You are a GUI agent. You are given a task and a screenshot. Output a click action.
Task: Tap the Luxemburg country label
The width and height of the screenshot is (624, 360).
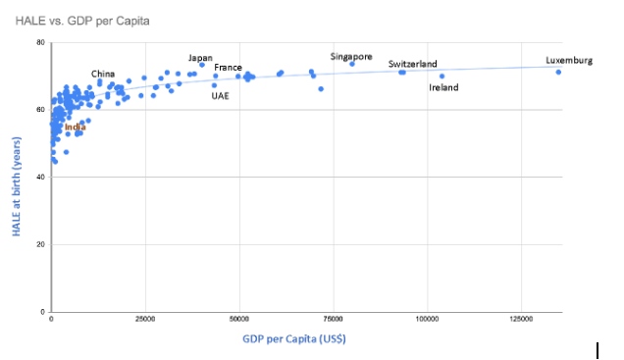click(569, 60)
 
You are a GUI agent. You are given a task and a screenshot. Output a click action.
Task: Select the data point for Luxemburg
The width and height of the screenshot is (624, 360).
click(558, 72)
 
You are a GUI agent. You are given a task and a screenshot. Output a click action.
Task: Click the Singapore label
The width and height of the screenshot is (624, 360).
click(351, 56)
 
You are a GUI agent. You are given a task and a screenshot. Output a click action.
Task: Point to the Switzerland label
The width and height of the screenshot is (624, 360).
click(412, 64)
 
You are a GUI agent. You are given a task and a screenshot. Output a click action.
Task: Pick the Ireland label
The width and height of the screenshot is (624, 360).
click(443, 87)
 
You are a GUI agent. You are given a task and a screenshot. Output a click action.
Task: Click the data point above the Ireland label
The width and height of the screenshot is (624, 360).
click(442, 76)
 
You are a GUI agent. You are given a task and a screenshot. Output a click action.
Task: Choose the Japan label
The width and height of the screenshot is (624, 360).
click(200, 58)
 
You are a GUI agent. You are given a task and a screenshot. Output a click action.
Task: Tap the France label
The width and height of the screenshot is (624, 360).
click(228, 67)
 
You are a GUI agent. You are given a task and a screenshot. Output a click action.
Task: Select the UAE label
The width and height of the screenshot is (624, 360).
click(220, 95)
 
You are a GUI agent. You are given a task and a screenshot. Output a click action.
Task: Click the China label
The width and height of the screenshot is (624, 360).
click(103, 74)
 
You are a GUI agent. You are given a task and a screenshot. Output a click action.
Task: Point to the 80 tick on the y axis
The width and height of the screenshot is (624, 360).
click(40, 42)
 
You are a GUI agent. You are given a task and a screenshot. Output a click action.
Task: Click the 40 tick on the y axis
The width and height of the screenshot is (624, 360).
click(40, 177)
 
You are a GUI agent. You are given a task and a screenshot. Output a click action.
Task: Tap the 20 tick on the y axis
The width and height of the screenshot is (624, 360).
click(40, 244)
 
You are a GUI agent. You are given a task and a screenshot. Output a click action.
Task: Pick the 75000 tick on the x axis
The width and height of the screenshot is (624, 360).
click(334, 320)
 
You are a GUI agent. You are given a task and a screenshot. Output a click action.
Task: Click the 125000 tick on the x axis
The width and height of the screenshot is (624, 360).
click(521, 320)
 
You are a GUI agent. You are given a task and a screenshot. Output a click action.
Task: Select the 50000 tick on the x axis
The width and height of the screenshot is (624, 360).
click(239, 320)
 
